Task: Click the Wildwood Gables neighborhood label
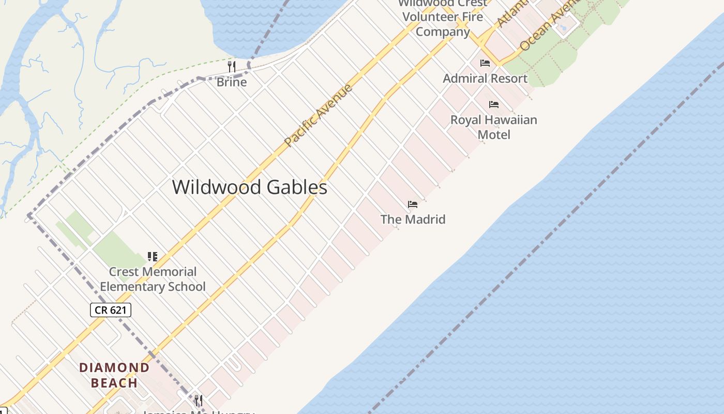coord(249,187)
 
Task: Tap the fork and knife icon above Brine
coord(232,66)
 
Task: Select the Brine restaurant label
coord(231,82)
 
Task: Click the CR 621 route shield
coord(111,310)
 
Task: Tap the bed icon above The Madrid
coord(413,204)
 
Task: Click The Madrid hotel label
coord(413,219)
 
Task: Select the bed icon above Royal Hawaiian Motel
coord(494,105)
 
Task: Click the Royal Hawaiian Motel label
coord(494,127)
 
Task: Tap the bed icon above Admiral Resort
coord(485,63)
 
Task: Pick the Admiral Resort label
coord(485,79)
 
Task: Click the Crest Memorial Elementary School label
coord(153,279)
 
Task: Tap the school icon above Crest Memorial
coord(153,256)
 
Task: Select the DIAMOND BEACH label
coord(114,375)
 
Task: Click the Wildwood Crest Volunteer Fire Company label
coord(443,18)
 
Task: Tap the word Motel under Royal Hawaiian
coord(494,135)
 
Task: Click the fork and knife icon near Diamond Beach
coord(198,400)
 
